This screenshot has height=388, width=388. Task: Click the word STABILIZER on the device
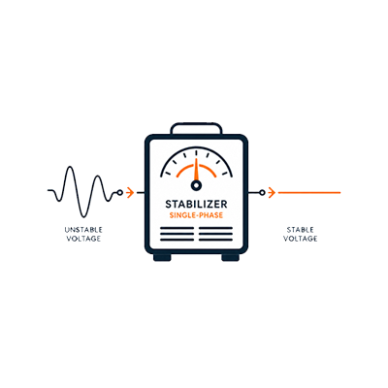click(196, 204)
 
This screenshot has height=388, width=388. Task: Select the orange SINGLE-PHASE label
click(196, 215)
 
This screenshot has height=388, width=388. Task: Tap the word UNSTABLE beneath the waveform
click(83, 230)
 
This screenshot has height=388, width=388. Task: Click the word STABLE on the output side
click(301, 230)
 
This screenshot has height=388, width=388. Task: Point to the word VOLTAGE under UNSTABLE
click(83, 239)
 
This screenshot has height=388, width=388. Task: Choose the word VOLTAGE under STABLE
click(301, 239)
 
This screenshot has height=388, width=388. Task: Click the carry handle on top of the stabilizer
click(196, 124)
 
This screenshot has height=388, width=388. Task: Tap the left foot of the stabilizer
click(162, 257)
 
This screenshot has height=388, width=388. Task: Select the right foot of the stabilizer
click(231, 257)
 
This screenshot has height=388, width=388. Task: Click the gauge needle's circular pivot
click(196, 185)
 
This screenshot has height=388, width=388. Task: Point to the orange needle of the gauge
click(196, 169)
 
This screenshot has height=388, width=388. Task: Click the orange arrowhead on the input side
click(130, 193)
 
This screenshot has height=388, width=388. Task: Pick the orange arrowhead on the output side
click(272, 193)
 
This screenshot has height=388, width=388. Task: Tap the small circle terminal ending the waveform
click(120, 193)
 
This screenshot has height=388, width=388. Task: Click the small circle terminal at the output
click(262, 193)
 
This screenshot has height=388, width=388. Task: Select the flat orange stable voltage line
click(309, 193)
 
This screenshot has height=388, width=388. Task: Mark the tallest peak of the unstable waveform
click(70, 167)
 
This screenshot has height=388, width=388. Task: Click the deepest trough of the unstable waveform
click(83, 216)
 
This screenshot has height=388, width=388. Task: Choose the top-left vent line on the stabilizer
click(177, 228)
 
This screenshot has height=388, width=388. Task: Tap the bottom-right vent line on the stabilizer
click(215, 240)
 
